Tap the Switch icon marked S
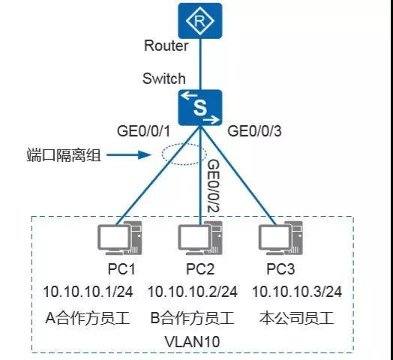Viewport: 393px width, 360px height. (x=199, y=107)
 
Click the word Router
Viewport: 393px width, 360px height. (x=166, y=46)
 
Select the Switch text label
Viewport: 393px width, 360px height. (x=164, y=79)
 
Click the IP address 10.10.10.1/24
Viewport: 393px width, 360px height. (x=88, y=291)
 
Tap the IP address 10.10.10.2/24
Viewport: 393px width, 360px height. (x=192, y=291)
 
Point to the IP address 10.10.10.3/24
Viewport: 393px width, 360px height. (x=296, y=291)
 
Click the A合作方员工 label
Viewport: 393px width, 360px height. (x=88, y=318)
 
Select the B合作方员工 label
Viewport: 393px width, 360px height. (x=192, y=318)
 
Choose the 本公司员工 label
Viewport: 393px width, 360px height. (x=292, y=318)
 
